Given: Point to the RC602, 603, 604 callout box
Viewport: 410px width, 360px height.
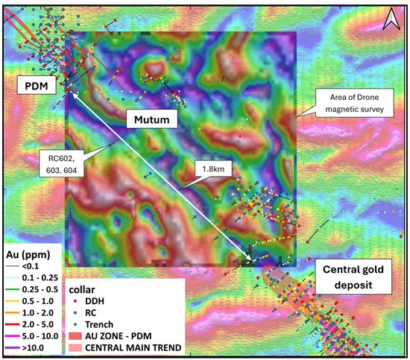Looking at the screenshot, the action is (60, 162).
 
